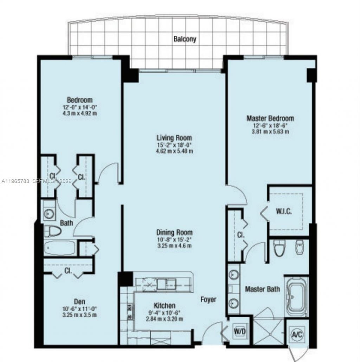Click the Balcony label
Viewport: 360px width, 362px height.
tap(185, 39)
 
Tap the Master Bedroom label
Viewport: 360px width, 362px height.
tap(270, 118)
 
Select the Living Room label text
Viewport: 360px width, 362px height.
tap(174, 137)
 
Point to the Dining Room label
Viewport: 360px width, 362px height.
tap(174, 232)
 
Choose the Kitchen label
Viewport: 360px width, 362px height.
tap(165, 306)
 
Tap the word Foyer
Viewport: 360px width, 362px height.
tap(208, 299)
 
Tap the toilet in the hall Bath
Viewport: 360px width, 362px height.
tap(53, 231)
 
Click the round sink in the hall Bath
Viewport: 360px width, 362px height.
tap(49, 213)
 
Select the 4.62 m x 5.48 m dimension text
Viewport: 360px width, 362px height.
tap(175, 151)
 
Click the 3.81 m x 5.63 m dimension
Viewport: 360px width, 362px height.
tap(270, 132)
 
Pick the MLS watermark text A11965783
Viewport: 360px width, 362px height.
tap(16, 181)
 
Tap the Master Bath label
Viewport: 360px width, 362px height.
tap(262, 289)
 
